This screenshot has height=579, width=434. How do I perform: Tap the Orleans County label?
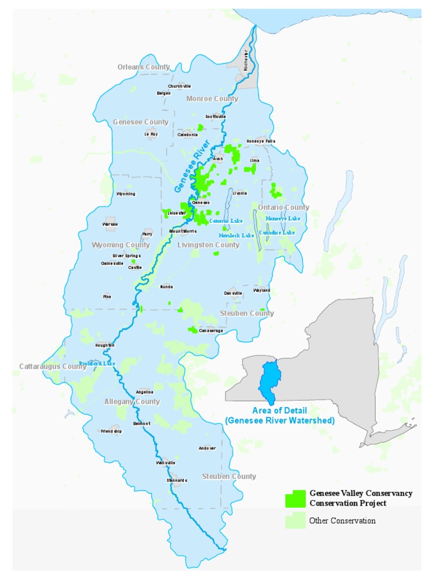[x=144, y=67]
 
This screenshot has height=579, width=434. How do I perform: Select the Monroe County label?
[x=212, y=99]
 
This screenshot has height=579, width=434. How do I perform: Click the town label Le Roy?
[x=151, y=135]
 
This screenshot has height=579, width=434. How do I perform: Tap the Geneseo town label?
[x=201, y=202]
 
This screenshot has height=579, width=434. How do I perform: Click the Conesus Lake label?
[x=225, y=221]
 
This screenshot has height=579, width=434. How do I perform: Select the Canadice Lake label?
[x=277, y=232]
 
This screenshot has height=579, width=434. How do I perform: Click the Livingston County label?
[x=209, y=245]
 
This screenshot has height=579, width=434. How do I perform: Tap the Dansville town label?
[x=233, y=293]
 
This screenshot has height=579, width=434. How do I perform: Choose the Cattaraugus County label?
[x=53, y=366]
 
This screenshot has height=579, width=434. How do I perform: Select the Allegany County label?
[x=132, y=402]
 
